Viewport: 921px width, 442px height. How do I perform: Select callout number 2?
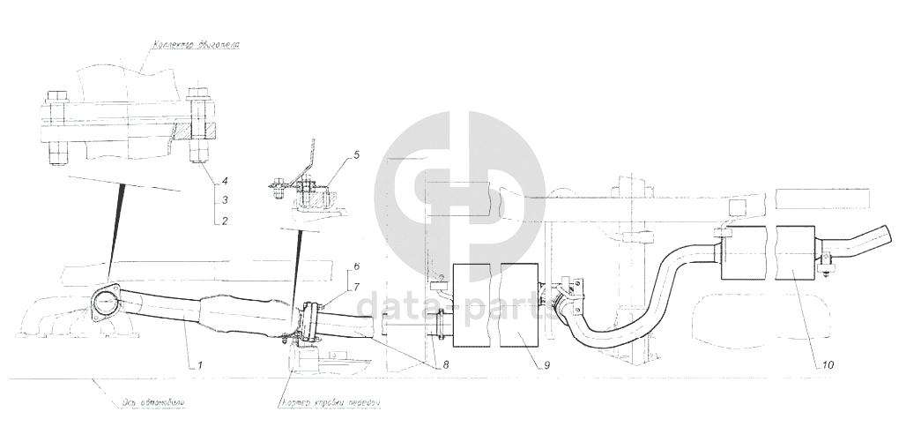click(x=226, y=221)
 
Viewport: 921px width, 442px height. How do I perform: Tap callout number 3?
click(x=226, y=200)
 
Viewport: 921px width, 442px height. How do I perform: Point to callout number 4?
click(x=226, y=181)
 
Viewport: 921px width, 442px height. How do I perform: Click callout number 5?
click(x=357, y=155)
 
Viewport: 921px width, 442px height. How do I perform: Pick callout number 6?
click(x=357, y=266)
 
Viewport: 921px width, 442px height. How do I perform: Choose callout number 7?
click(x=357, y=286)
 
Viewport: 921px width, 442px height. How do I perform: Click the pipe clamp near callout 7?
click(x=309, y=321)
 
